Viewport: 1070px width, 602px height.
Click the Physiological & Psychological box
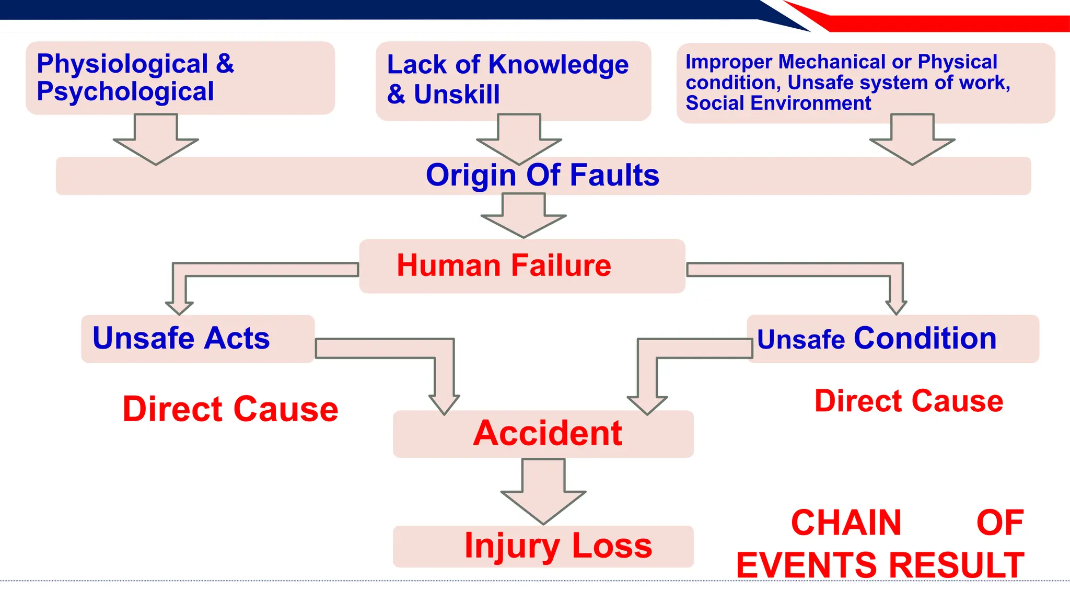180,78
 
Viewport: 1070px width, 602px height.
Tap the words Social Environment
778,103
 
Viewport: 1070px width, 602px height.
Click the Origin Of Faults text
542,175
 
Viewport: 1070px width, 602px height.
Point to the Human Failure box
521,265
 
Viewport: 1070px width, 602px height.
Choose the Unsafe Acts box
197,339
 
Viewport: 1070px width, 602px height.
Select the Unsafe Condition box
892,339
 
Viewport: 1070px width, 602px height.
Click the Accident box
543,434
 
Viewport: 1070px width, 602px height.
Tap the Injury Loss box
543,546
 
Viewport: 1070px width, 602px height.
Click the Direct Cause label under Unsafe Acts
230,409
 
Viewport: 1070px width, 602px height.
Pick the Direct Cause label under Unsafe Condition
909,401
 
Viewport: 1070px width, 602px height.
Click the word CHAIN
846,523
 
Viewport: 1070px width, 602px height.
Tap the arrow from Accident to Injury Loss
543,491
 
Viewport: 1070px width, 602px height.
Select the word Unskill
457,95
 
